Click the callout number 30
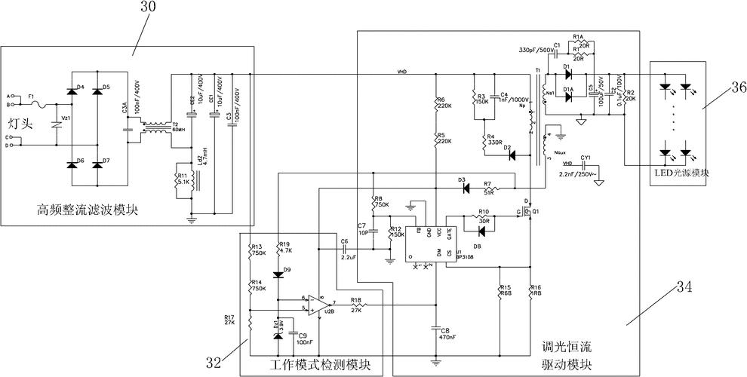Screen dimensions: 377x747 [149, 7]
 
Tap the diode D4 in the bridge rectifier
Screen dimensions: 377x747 [73, 92]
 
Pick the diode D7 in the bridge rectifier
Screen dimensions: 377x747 [97, 164]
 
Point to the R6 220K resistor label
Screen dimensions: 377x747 [444, 103]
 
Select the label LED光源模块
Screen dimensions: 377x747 [682, 173]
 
